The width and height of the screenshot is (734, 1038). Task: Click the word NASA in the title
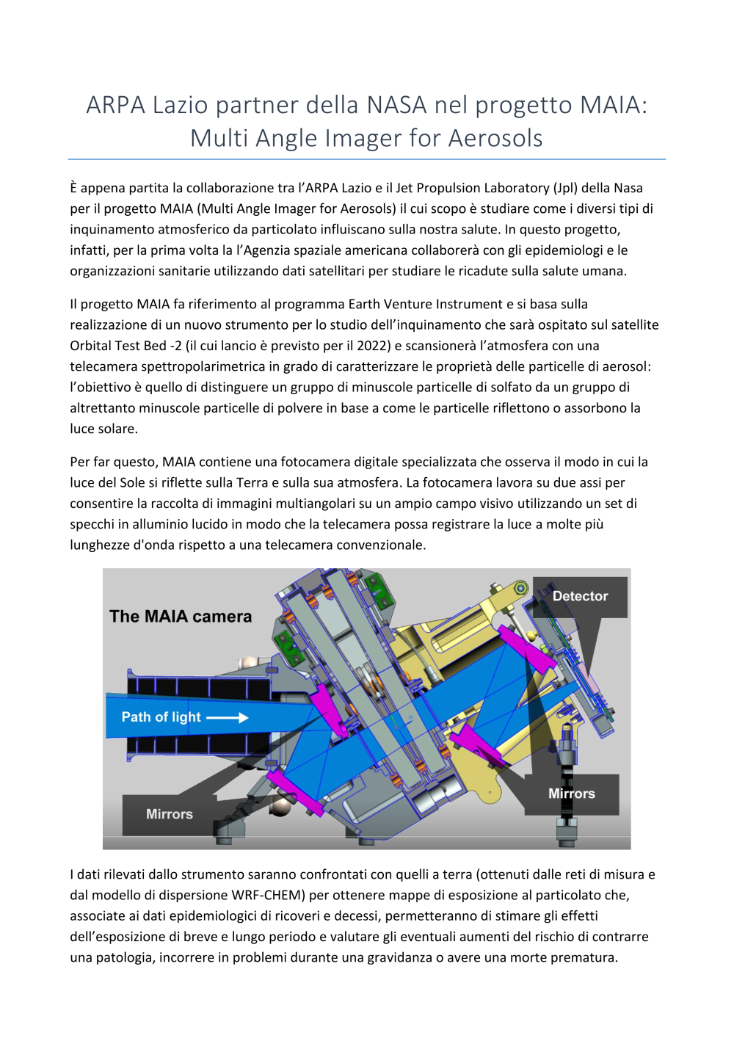point(396,105)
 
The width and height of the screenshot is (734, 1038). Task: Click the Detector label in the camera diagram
point(580,596)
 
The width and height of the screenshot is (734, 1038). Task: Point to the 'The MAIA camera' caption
point(181,617)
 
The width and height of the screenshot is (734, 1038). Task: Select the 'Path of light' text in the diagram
point(161,717)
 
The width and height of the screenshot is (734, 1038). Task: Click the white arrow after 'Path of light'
point(227,717)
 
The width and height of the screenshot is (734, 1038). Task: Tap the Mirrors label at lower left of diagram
point(169,814)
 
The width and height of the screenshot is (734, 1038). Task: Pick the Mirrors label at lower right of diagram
point(571,794)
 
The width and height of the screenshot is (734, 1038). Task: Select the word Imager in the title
point(347,138)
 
